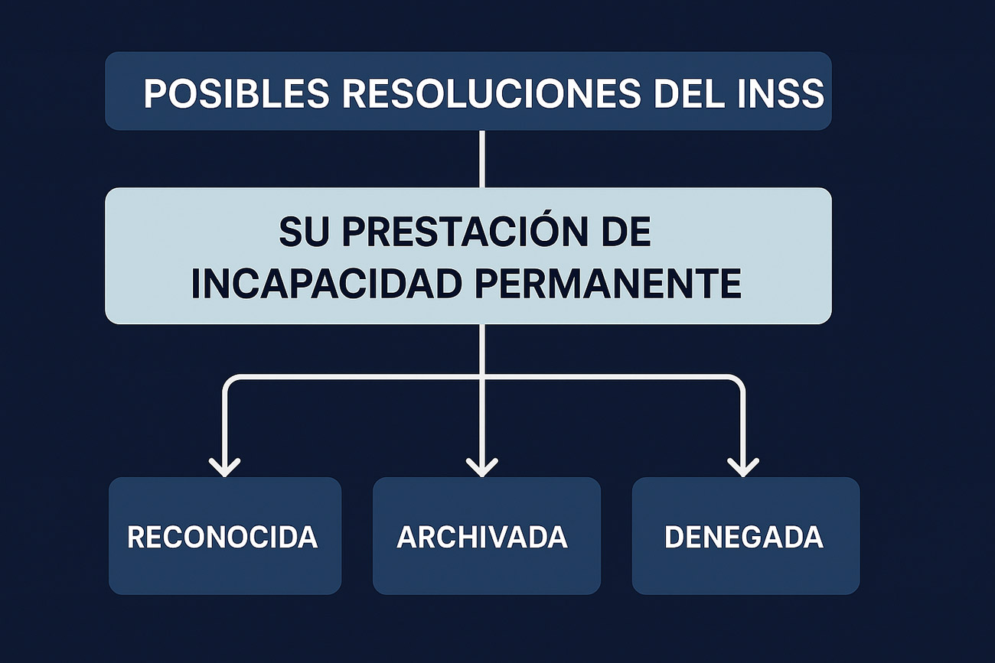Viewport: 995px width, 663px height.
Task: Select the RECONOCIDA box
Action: coord(224,536)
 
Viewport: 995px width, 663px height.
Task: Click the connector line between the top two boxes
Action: coord(482,159)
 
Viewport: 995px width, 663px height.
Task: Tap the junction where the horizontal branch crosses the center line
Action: coord(482,377)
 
